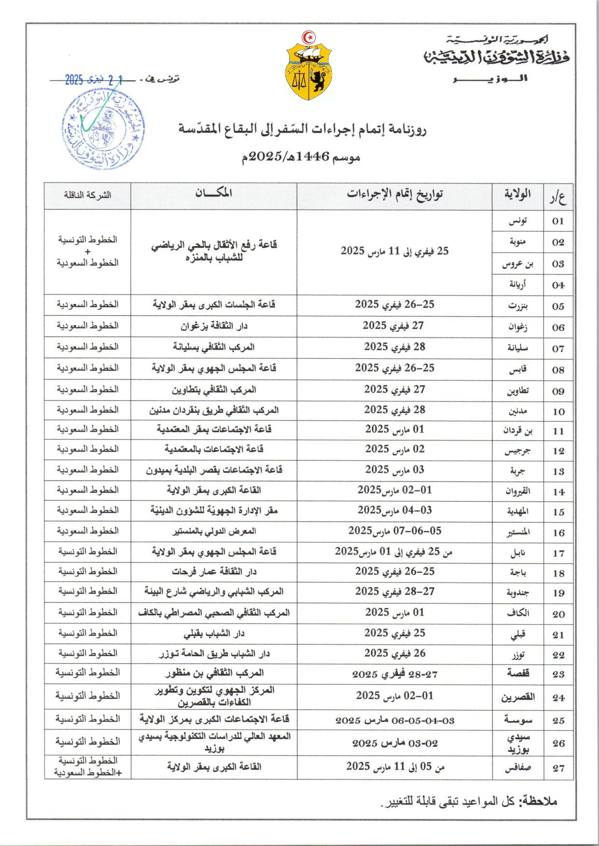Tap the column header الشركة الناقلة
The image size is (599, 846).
click(87, 195)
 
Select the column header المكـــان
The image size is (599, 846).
click(214, 193)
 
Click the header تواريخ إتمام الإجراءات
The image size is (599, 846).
click(395, 194)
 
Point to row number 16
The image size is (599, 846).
click(558, 533)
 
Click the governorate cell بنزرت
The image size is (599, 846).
click(518, 306)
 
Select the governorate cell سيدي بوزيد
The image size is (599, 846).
click(518, 744)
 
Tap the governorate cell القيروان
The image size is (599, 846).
click(518, 492)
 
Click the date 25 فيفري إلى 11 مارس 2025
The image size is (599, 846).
click(395, 251)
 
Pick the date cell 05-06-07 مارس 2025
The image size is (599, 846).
click(395, 531)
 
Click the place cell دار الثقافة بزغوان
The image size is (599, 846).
click(214, 326)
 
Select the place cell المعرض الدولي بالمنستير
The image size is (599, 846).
click(214, 531)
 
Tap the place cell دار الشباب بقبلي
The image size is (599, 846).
click(214, 633)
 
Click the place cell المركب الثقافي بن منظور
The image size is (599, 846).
click(214, 673)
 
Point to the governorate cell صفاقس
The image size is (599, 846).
click(518, 768)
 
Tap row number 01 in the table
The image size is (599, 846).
click(558, 221)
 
